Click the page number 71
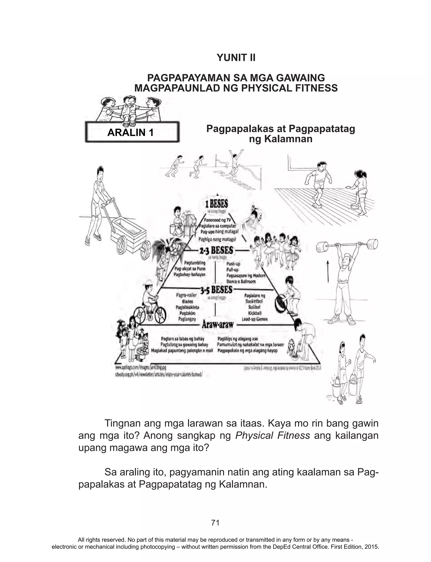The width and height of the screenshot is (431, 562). coord(215,522)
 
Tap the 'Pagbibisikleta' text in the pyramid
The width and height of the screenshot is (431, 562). coord(187,307)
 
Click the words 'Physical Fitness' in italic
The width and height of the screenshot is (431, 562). coord(273,436)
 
